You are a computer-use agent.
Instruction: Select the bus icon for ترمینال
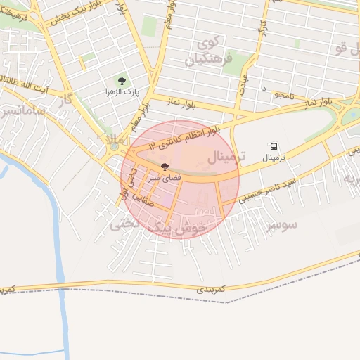(x=273, y=146)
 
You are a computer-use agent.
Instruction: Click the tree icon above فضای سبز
(x=165, y=167)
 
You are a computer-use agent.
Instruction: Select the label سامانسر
(x=21, y=112)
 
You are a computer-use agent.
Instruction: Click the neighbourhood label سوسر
(x=281, y=224)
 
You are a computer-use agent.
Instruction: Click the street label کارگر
(x=262, y=29)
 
